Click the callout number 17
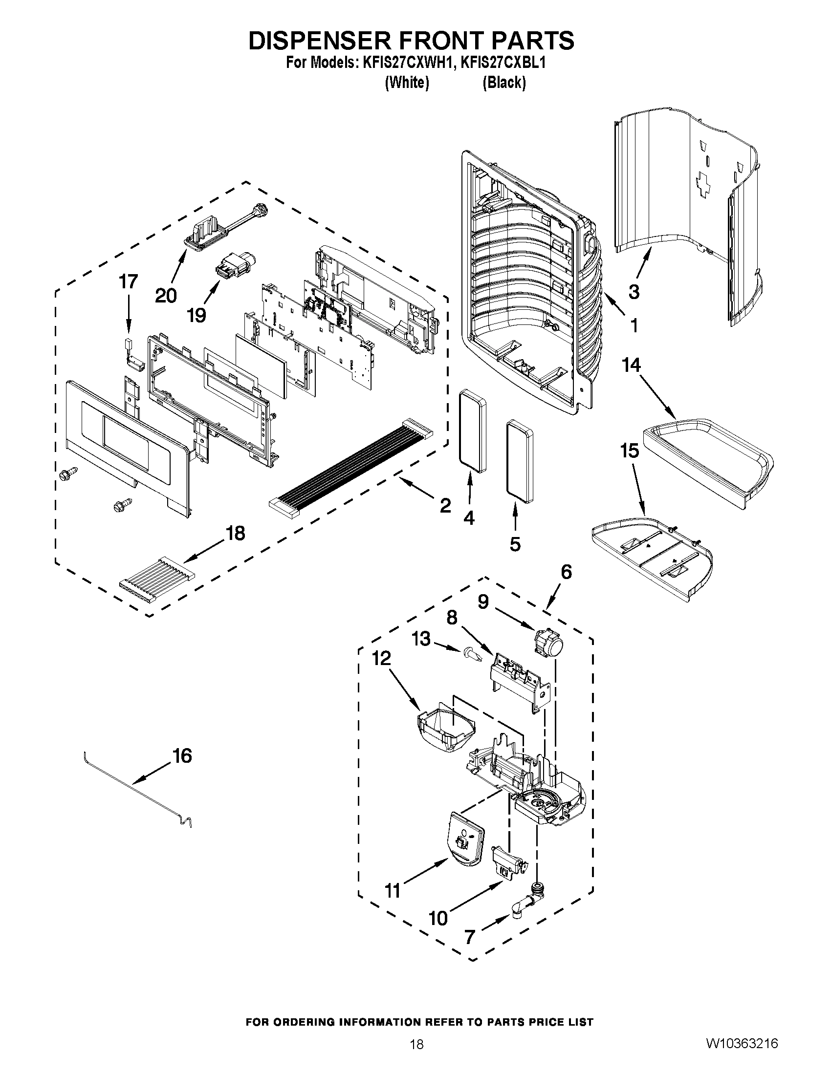(129, 282)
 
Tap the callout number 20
(166, 296)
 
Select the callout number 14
(632, 365)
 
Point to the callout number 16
(182, 755)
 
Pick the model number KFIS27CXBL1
(503, 64)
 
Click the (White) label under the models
(406, 83)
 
